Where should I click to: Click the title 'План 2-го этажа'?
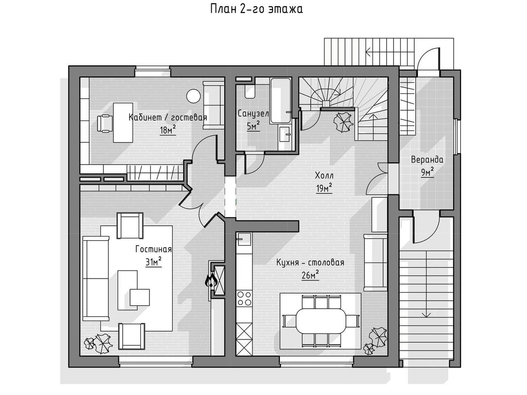pos(257,9)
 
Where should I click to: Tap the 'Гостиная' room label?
pos(153,249)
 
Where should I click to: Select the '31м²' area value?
pos(153,262)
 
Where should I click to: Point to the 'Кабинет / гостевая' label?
pos(168,118)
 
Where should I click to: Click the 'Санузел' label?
pos(253,114)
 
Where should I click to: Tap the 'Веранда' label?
pos(427,160)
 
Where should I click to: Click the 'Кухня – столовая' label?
pos(310,263)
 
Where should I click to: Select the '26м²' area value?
pos(310,275)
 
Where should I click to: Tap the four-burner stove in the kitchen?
pos(245,298)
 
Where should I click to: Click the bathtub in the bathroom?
pos(281,99)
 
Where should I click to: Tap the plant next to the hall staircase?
pos(343,122)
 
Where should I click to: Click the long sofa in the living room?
pos(96,278)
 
